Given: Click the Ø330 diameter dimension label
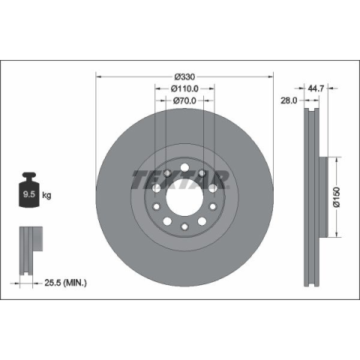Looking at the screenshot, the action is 184,76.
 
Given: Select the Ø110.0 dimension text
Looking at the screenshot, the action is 184,88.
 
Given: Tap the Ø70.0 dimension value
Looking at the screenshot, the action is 184,100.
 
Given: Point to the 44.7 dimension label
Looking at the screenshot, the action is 316,88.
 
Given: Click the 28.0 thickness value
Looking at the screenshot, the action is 289,100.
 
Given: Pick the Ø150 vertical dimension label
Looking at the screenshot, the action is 337,197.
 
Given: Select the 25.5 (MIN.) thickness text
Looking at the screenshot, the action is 65,283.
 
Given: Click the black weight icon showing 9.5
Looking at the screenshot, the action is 29,190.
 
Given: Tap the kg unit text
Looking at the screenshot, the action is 46,195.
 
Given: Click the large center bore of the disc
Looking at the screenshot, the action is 184,197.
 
